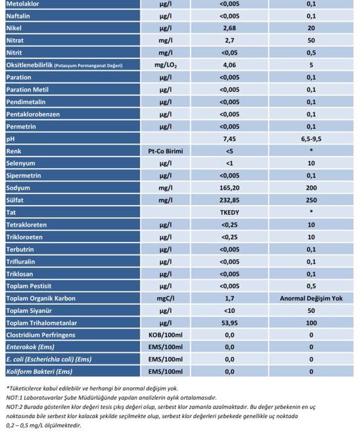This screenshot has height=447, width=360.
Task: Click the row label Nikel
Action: [x=14, y=28]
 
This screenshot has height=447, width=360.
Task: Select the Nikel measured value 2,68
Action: [x=229, y=28]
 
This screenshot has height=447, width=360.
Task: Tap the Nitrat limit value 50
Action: [x=311, y=41]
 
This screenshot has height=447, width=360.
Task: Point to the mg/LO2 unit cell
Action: [x=166, y=65]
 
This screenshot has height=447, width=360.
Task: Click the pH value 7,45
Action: [x=229, y=139]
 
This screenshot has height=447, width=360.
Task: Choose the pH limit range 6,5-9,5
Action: [x=311, y=139]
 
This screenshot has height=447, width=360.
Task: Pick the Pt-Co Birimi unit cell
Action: [x=166, y=151]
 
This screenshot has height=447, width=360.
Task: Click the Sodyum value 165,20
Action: [x=229, y=188]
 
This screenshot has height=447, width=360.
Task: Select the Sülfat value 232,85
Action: [x=229, y=200]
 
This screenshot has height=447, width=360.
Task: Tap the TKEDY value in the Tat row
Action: [x=229, y=212]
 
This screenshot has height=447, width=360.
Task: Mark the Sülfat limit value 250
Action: [x=311, y=200]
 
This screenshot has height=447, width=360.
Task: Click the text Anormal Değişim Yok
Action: [x=311, y=298]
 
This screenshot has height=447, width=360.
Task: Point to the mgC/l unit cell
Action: [x=166, y=298]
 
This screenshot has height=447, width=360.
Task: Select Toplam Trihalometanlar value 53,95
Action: [x=229, y=323]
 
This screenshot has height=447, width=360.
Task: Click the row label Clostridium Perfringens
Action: [x=41, y=335]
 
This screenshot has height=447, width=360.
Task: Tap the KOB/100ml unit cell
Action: [x=166, y=335]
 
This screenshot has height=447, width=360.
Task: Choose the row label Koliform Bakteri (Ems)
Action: [x=39, y=372]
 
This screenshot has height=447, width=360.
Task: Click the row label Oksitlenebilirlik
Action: [x=30, y=65]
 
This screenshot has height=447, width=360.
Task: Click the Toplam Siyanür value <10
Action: [x=229, y=311]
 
